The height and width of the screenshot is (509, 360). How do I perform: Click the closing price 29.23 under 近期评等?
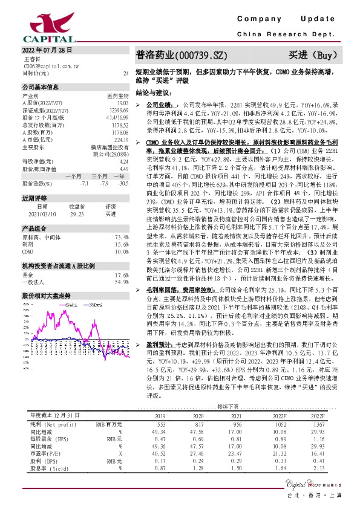click(77, 213)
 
